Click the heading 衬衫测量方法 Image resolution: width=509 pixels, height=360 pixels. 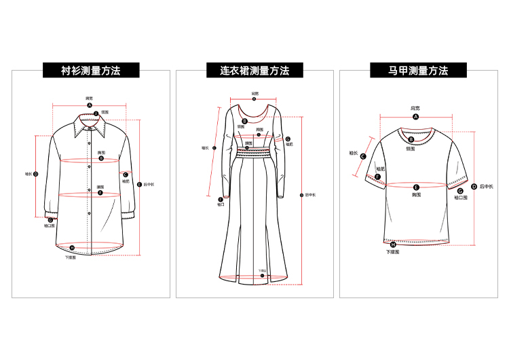pos(90,70)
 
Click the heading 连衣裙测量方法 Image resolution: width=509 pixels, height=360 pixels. pos(254,70)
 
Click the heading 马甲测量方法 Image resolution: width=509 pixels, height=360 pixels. pos(418,70)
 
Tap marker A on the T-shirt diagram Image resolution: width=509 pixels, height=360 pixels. pos(415,117)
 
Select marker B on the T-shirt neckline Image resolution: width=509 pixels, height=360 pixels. pos(411,139)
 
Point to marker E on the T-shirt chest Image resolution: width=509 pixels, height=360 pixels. pos(416,186)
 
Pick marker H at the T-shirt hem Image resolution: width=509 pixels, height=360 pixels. pos(394,244)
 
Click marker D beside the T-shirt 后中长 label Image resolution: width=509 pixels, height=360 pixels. pos(474,186)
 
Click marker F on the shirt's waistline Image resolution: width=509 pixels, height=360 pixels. pos(100,193)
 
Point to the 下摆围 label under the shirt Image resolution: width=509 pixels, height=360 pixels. pos(71,257)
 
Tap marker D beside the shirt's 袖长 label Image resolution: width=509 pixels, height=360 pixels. pos(35,174)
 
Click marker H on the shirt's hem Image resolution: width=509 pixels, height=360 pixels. pos(72,248)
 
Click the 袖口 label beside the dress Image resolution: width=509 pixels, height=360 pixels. pos(221,204)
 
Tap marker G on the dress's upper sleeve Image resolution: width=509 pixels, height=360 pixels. pos(288,138)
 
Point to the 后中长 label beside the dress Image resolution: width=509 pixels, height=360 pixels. pos(311,195)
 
